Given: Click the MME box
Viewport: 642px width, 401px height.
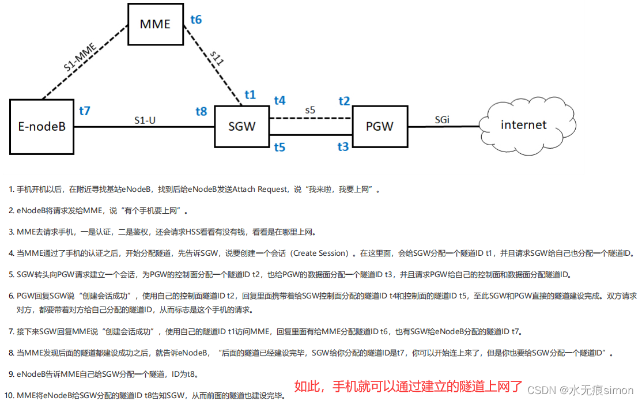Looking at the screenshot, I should pos(156,24).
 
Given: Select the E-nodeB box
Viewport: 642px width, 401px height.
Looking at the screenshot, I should pos(41,126).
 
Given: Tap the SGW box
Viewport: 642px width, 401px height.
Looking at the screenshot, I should pos(241,126).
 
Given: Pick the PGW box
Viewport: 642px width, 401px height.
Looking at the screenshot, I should pos(380,126).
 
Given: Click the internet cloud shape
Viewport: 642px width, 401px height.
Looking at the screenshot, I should pos(523,125).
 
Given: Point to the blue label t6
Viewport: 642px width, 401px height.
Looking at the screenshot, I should pos(196,20).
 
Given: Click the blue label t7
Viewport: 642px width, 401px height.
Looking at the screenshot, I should pos(84,111).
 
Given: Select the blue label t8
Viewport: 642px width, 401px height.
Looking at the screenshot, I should pos(201,111).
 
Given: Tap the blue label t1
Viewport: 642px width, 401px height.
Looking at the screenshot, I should pos(250,94).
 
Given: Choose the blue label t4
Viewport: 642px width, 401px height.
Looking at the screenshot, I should pos(280,101).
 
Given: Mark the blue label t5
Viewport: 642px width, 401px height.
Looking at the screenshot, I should pos(280,147).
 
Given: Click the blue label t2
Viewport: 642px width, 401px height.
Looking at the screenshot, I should pos(344,101).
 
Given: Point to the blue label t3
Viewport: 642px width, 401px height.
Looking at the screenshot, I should pos(343,147).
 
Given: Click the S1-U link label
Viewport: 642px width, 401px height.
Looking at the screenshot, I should pos(145,120).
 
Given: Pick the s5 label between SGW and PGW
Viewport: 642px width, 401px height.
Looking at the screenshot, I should pos(311,109).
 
